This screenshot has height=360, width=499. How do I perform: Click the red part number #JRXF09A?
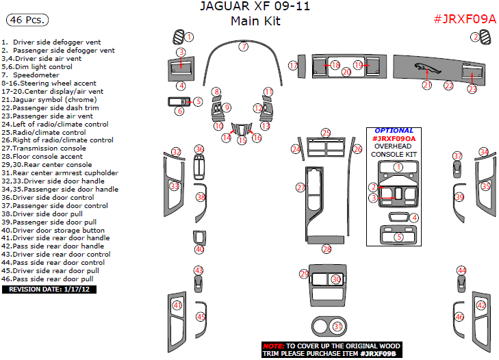[x=465, y=18]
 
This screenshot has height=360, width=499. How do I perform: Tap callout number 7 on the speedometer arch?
[x=244, y=47]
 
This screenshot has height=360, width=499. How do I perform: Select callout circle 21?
[x=426, y=85]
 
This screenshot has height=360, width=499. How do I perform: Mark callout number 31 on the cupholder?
[x=337, y=326]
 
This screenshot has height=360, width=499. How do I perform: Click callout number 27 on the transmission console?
[x=300, y=188]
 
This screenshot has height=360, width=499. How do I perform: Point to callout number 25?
[x=326, y=133]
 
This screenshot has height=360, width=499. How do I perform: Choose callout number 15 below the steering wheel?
[x=242, y=140]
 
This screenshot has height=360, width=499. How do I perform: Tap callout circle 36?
[x=199, y=149]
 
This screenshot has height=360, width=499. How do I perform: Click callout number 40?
[x=199, y=249]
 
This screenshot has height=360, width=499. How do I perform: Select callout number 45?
[x=201, y=317]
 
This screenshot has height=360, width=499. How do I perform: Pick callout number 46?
[x=459, y=317]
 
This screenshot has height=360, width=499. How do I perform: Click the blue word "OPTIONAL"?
[x=394, y=131]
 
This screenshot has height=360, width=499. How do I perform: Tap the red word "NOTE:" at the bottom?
[x=273, y=346]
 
